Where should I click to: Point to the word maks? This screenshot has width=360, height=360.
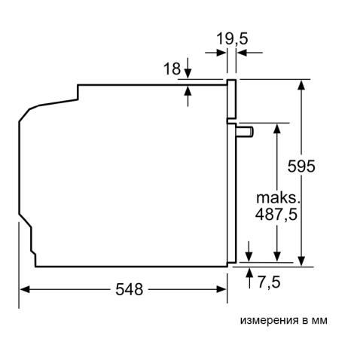click(x=277, y=197)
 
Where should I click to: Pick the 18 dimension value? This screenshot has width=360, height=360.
click(x=172, y=69)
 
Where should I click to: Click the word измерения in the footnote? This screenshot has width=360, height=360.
click(x=268, y=320)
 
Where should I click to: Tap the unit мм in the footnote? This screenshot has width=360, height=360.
click(x=319, y=320)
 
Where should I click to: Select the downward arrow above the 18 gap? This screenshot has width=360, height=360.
click(x=188, y=73)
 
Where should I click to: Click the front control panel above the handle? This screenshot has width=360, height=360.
click(x=232, y=98)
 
